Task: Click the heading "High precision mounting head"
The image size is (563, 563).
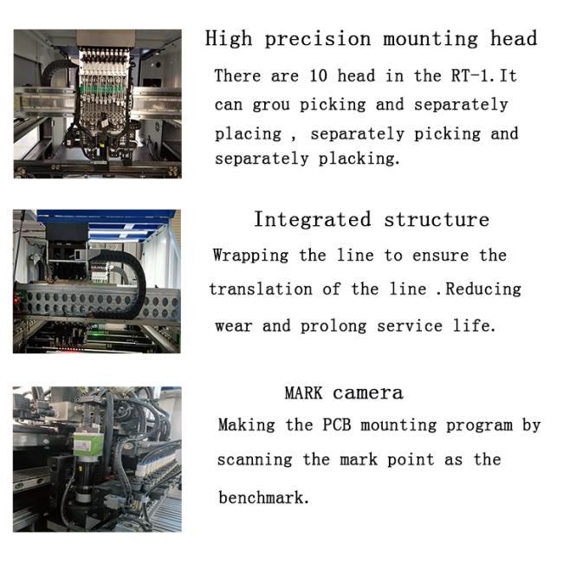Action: [x=371, y=39]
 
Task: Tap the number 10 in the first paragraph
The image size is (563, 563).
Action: [x=318, y=75]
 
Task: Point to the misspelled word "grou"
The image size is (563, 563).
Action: [x=271, y=105]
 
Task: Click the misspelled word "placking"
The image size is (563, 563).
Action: [x=359, y=159]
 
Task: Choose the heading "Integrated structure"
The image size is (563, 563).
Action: [x=372, y=219]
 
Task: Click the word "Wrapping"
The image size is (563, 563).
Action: [x=250, y=256]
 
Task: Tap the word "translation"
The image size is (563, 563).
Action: [x=261, y=289]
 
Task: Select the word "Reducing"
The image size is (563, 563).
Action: [x=483, y=290]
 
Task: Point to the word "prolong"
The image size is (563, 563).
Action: [x=333, y=327]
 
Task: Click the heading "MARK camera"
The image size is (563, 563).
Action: [x=344, y=393]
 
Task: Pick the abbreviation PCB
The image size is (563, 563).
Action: [x=336, y=424]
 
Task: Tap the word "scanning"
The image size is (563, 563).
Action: [x=255, y=461]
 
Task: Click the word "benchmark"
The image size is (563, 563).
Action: [x=263, y=498]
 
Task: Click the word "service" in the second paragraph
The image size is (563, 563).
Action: [x=410, y=327]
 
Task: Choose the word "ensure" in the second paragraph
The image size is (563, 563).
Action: [x=441, y=256]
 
